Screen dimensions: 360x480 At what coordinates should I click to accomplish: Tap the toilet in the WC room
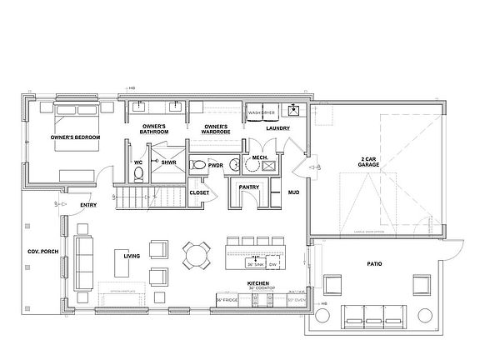click(138, 172)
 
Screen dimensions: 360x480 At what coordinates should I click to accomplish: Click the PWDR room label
click(215, 166)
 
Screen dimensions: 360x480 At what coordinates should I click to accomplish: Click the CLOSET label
click(199, 192)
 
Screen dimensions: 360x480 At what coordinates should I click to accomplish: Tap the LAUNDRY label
click(277, 129)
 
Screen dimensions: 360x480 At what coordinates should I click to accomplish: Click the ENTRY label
click(87, 205)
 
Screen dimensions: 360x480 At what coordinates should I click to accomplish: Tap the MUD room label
click(293, 192)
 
